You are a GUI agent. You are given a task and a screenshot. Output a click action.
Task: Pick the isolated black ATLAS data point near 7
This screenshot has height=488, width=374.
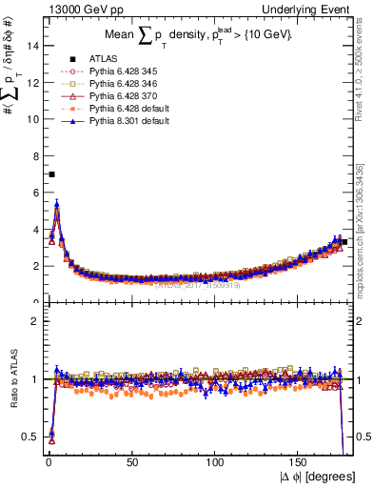pos(51,174)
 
